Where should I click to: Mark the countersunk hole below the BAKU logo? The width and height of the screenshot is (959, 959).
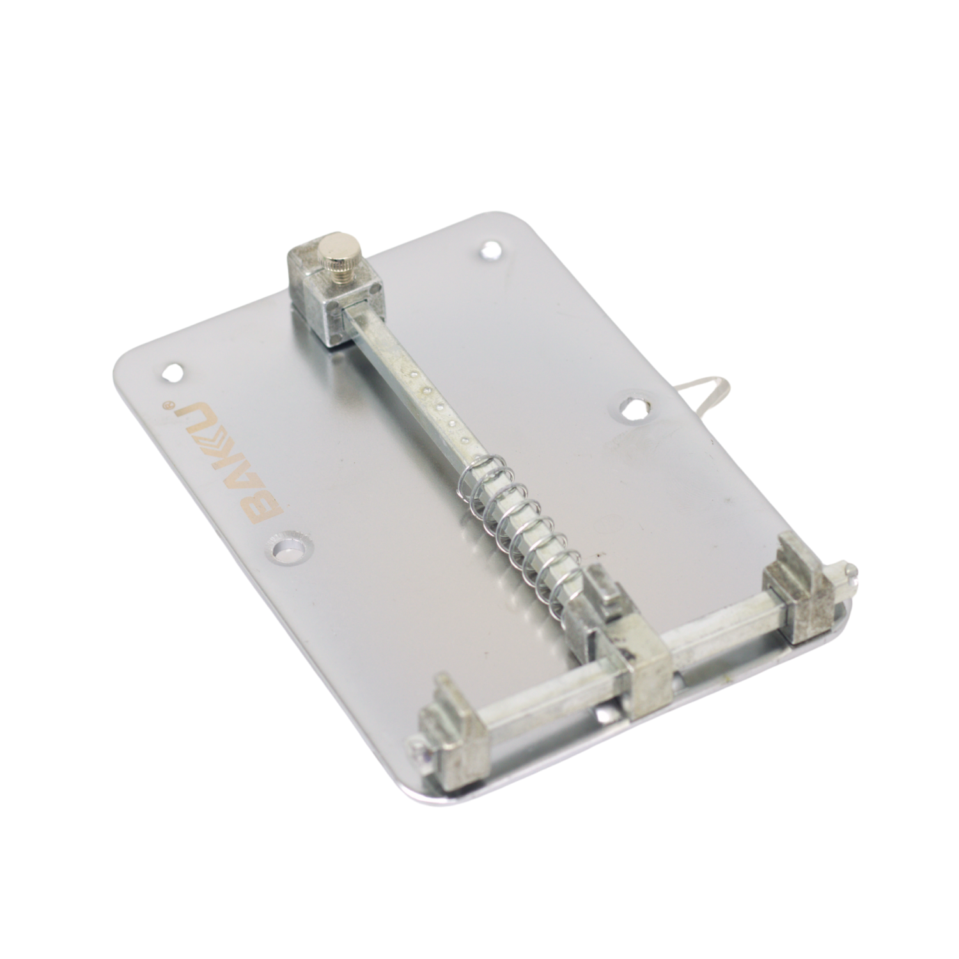[290, 548]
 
